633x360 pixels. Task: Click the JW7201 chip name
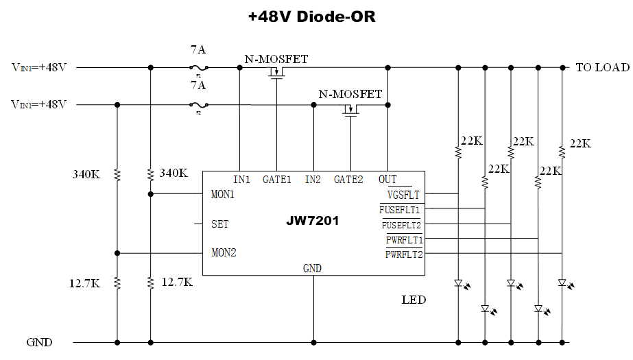(312, 221)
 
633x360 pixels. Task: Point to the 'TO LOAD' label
(602, 67)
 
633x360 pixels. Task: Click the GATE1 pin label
(277, 180)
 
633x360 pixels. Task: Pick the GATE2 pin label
(348, 180)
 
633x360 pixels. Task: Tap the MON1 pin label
(223, 194)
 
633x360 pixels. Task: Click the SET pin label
(220, 224)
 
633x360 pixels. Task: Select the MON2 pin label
(224, 253)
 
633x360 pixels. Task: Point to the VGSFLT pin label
(403, 195)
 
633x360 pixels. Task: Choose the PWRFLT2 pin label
(404, 254)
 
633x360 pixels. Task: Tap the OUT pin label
(387, 180)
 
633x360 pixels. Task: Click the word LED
(414, 300)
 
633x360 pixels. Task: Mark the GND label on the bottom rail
(39, 341)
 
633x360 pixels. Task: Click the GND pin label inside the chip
(312, 268)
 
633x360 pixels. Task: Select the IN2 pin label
(313, 180)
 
